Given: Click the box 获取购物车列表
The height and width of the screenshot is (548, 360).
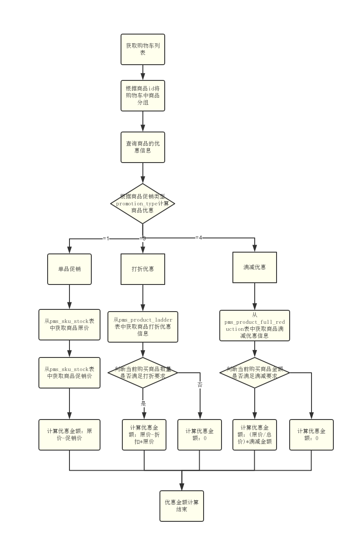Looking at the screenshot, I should tap(143, 49).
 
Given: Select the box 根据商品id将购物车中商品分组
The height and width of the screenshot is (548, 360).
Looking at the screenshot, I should tap(143, 96).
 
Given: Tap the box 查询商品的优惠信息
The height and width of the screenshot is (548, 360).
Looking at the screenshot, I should tap(143, 147).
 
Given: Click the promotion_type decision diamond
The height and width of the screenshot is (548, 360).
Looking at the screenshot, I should tap(143, 204).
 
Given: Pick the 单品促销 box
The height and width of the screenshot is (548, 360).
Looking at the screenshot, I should tap(69, 269).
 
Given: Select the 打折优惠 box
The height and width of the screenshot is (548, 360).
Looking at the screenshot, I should tap(143, 269).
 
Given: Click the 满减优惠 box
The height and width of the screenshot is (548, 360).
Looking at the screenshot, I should tap(255, 267).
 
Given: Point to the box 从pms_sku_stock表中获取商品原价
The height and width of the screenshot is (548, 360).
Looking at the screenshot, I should tap(69, 325).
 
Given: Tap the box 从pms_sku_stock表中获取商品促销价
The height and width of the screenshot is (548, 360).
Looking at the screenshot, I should tap(69, 373).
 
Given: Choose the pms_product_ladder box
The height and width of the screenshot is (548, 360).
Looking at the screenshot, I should tap(143, 326).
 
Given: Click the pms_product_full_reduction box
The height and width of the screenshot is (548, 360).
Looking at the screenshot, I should tap(255, 326).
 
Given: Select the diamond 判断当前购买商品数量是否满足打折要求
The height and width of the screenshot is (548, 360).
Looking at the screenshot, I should tap(143, 373).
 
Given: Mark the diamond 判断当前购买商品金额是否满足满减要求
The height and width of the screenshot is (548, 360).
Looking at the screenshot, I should tap(255, 373).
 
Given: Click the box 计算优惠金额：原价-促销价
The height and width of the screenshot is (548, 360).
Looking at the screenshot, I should tap(69, 435).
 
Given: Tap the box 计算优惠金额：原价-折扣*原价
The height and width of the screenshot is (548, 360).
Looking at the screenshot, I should tap(144, 435).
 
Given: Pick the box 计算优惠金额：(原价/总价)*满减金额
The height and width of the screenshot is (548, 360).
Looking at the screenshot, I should tap(255, 435).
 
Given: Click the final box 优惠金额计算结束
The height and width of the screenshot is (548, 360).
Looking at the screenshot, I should tap(182, 506).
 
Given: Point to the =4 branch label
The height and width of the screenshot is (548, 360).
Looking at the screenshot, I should tap(199, 238).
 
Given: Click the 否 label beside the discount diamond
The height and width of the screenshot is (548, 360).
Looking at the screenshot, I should tap(200, 385).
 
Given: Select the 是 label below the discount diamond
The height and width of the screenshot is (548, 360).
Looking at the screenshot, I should tap(143, 403).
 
